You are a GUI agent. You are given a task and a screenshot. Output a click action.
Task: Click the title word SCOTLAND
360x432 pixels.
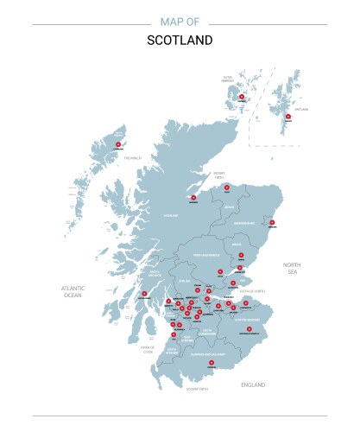coord(180,40)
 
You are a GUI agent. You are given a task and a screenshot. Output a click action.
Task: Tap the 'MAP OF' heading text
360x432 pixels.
coord(180,22)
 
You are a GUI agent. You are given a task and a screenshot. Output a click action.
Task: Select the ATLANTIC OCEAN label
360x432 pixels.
coord(72,292)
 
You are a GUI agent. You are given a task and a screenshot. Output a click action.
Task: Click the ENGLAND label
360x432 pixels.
coord(253,384)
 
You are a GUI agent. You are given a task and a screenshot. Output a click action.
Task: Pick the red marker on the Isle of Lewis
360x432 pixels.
coord(118,144)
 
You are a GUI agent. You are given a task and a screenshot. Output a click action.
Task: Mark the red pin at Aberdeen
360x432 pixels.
coord(272,223)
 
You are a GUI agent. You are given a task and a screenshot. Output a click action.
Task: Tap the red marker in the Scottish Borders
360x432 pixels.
coord(249,329)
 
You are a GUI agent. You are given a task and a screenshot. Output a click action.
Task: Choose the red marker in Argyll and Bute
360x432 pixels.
coord(143,294)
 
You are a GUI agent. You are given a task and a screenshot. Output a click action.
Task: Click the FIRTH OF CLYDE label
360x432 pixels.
coord(148,350)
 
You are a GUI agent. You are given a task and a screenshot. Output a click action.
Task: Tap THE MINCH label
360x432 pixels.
coord(131,158)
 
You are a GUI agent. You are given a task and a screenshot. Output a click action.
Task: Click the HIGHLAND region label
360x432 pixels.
coord(171,215)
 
